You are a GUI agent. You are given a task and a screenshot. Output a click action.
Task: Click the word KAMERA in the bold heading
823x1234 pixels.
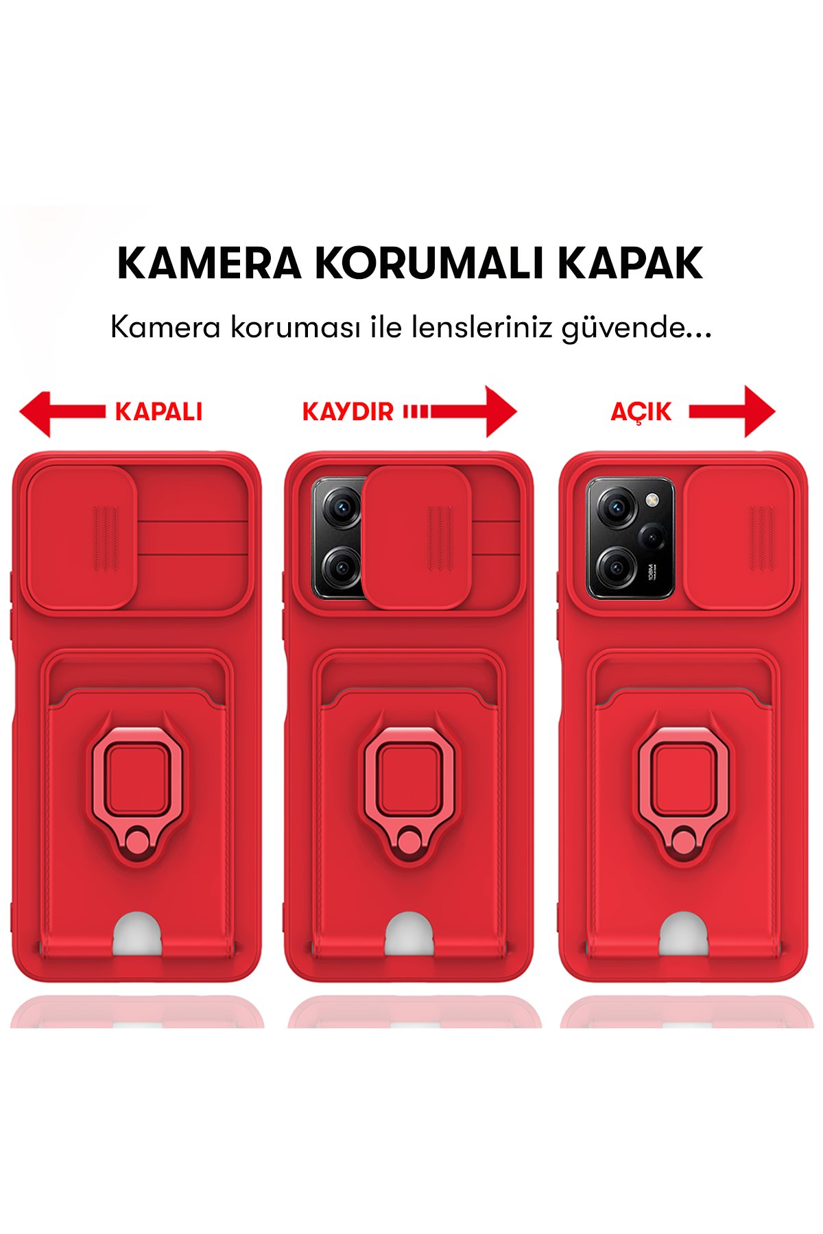click(209, 263)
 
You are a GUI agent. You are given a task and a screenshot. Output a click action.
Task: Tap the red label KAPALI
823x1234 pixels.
click(158, 411)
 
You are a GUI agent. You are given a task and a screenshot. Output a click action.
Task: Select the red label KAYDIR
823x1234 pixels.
click(348, 411)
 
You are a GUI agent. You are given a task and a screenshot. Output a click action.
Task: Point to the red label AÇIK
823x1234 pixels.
click(641, 411)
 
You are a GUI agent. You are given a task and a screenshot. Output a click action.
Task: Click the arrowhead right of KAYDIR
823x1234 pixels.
click(501, 411)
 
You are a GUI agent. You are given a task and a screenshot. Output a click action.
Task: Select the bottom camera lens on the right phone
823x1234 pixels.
click(615, 567)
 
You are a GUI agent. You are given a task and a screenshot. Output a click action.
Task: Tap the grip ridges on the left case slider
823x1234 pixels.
click(106, 537)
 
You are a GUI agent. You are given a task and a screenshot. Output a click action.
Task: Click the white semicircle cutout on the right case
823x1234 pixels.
click(684, 935)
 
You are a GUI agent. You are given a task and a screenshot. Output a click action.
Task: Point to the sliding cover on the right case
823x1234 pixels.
click(739, 537)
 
